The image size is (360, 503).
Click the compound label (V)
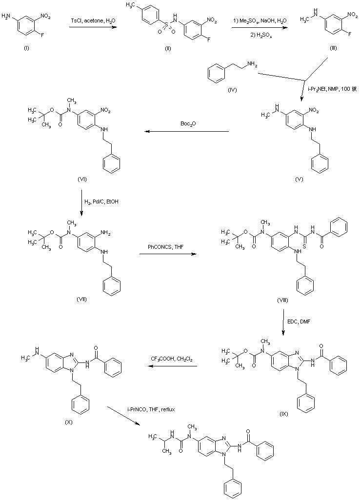click(299, 179)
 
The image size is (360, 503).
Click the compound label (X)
click(68, 408)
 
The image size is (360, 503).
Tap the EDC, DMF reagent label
click(298, 322)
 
